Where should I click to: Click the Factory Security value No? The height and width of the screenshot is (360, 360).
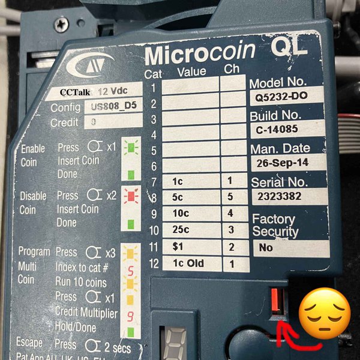[x=266, y=247]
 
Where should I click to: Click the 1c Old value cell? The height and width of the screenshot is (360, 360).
[x=187, y=263]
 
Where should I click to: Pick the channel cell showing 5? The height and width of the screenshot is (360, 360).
[x=229, y=196]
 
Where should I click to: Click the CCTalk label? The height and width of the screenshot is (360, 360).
[x=76, y=92]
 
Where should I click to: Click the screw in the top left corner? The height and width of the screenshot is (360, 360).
[x=61, y=25]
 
